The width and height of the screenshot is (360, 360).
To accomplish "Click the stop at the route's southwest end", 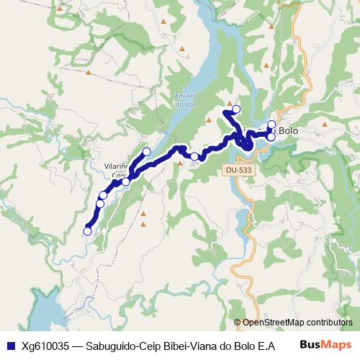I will coord(88,231).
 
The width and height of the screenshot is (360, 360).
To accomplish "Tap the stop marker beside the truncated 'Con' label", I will coord(126,181).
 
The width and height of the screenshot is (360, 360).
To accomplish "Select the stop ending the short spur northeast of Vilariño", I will coord(146,152).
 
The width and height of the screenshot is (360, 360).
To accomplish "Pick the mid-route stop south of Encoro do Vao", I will coord(194,156).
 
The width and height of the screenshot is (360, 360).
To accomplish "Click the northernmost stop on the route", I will coord(235,109).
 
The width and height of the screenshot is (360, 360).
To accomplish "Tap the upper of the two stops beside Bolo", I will coord(271,124).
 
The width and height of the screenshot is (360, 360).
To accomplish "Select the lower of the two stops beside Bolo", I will coord(271,137).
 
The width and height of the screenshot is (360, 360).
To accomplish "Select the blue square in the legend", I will coord(9,344).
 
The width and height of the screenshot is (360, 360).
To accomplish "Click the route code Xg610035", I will coord(44,344).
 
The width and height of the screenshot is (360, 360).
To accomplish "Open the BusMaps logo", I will coord(325,343).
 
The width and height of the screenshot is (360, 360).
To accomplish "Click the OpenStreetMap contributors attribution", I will coord(297,323).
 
